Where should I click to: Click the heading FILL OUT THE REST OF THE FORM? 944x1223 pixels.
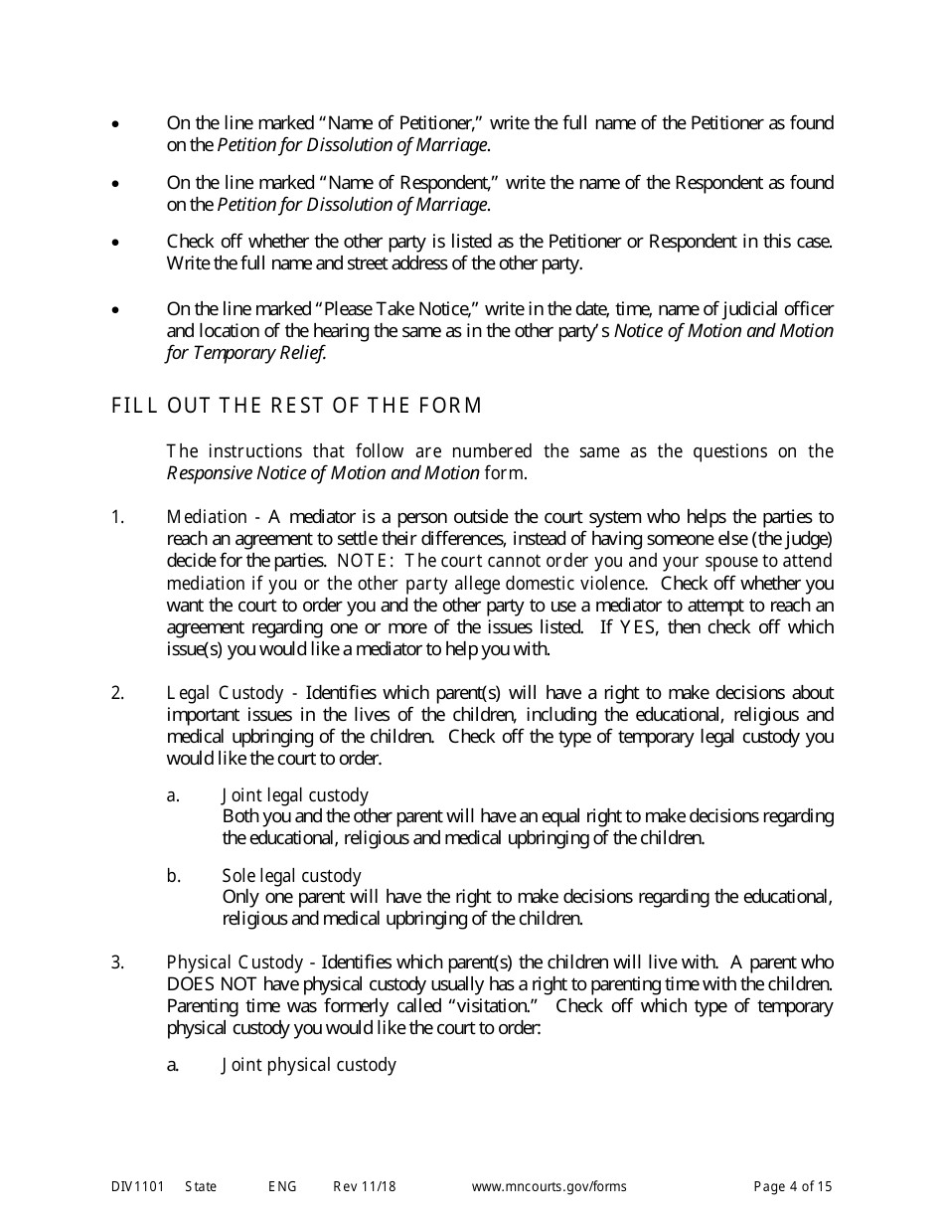click(x=297, y=406)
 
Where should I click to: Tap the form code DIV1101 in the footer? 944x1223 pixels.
click(x=133, y=1186)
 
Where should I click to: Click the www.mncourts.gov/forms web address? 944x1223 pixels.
click(x=549, y=1186)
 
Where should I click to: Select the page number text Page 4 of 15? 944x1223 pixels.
click(x=792, y=1186)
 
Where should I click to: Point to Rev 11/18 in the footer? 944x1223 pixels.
click(x=364, y=1186)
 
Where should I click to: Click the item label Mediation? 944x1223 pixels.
click(x=207, y=517)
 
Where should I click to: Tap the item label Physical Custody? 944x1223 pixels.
click(x=235, y=962)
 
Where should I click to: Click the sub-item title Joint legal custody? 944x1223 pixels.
click(x=295, y=795)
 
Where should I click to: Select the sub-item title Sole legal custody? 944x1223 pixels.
click(x=291, y=876)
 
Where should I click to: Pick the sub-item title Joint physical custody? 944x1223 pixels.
click(x=309, y=1065)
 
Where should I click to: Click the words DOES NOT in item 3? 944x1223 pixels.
click(x=204, y=984)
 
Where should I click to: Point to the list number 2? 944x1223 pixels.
click(x=117, y=693)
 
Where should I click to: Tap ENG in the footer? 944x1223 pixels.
click(x=281, y=1186)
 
